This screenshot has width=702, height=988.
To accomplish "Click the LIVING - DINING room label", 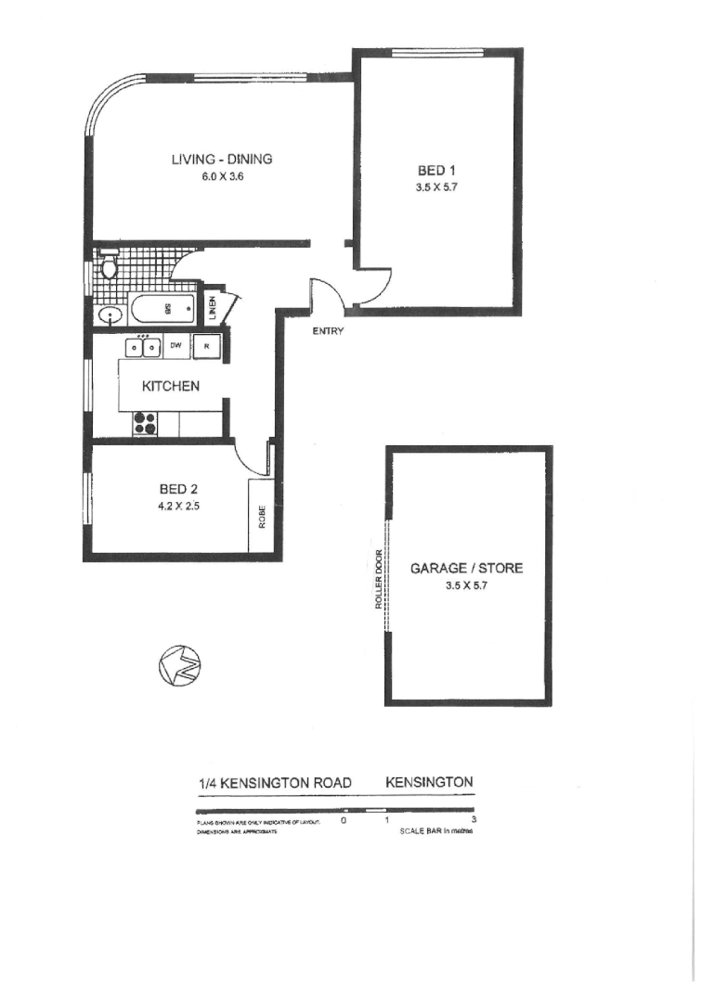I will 221,159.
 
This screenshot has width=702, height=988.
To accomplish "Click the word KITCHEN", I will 170,386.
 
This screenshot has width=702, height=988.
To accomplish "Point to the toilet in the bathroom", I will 109,266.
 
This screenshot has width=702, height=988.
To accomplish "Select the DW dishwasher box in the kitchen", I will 175,347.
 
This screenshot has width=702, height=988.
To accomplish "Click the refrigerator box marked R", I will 207,347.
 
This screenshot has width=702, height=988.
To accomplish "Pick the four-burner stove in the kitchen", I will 146,423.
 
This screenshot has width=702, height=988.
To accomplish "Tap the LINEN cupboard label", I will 213,307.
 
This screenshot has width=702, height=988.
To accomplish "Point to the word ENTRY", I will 328,331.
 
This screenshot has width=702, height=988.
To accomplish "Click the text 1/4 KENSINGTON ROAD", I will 275,783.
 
